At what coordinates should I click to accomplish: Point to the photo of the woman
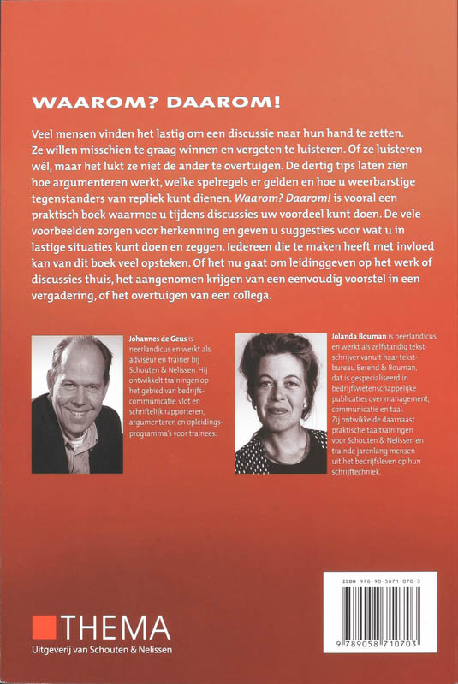coord(280,404)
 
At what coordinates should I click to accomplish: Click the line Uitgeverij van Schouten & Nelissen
coord(107,656)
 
